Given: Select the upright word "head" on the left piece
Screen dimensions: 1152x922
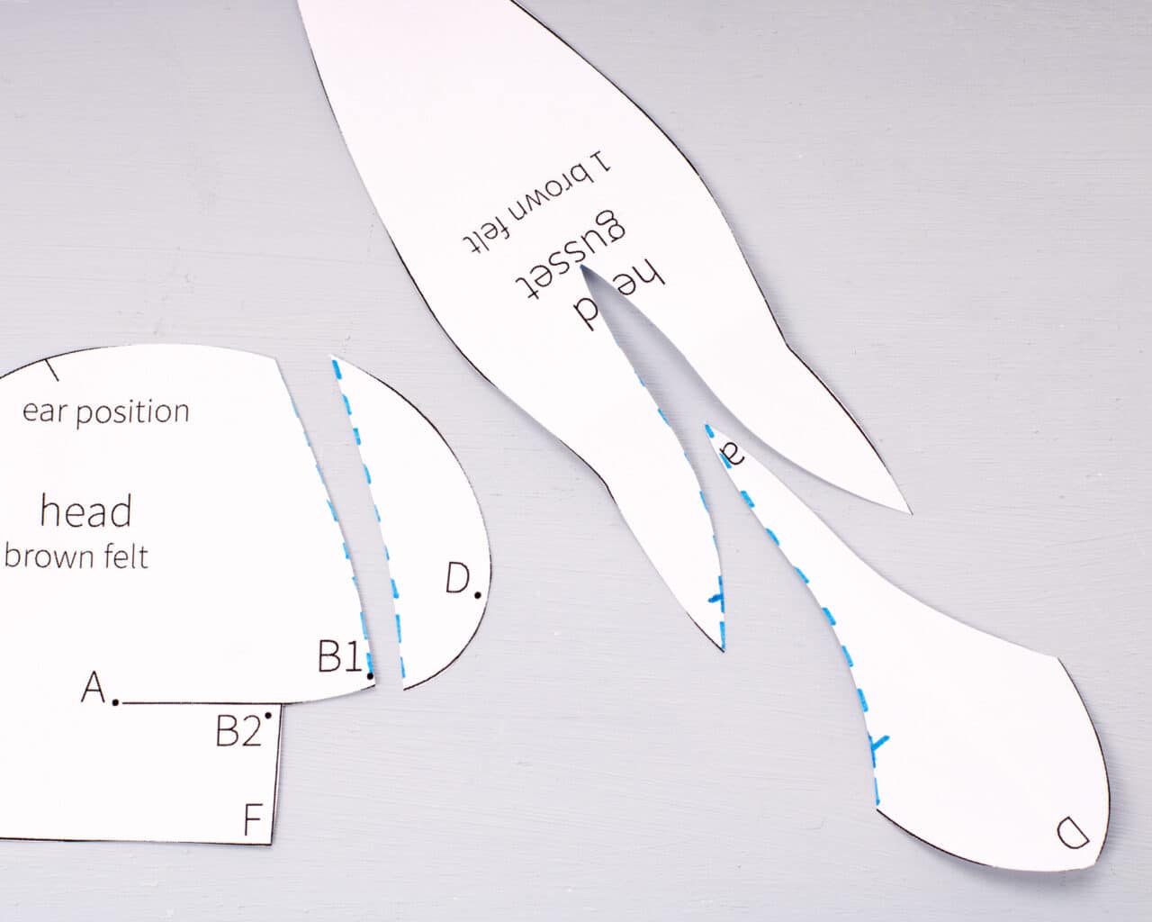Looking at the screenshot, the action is tap(85, 511).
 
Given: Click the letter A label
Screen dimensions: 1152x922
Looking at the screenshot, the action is tap(94, 686).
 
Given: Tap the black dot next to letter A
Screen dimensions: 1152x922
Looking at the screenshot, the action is tap(115, 702).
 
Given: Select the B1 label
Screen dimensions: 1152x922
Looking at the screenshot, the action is tap(339, 656).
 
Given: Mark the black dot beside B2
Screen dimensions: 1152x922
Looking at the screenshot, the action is tap(267, 716).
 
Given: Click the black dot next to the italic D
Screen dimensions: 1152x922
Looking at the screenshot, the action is tap(478, 594).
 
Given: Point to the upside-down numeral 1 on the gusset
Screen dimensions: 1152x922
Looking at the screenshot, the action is tap(601, 162).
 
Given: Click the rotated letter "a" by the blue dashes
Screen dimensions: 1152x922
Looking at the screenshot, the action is tap(733, 456).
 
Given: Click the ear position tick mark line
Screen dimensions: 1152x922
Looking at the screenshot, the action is tap(51, 370).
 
